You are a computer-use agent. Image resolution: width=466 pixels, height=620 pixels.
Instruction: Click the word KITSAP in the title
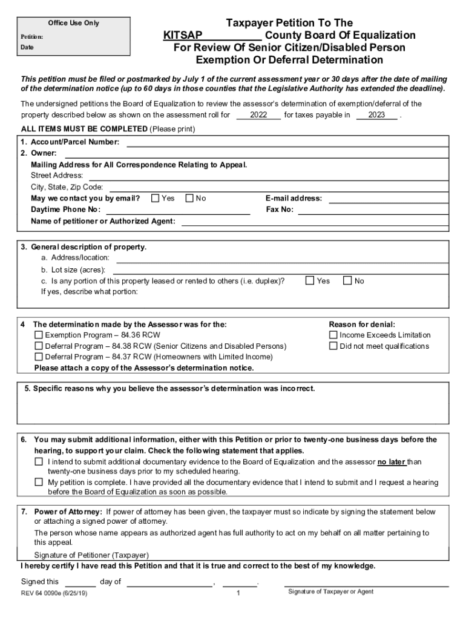coord(182,35)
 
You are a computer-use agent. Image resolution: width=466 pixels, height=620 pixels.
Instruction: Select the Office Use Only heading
coord(73,23)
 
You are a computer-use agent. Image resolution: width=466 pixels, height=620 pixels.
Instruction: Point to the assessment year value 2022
coord(258,114)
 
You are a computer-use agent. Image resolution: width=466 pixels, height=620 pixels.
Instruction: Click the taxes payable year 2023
coord(376,114)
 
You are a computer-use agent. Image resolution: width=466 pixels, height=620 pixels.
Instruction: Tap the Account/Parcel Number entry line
coord(287,143)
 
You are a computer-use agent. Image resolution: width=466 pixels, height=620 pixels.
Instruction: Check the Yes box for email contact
coord(156,198)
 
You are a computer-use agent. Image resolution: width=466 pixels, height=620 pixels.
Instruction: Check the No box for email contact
coord(189,198)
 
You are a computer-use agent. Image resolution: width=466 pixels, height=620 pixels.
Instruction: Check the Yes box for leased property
coord(310,280)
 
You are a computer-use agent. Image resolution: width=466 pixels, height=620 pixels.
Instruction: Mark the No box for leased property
coord(347,280)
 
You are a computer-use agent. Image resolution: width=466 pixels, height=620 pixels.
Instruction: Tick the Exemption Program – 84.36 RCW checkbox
coord(39,335)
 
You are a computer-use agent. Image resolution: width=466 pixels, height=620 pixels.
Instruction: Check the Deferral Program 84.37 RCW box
coord(39,357)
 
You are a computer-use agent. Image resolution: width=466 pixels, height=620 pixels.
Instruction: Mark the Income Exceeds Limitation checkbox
coord(333,335)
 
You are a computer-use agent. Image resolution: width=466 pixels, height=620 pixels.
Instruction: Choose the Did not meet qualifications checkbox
coord(333,346)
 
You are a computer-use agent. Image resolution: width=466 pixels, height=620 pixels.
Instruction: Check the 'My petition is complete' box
coord(39,482)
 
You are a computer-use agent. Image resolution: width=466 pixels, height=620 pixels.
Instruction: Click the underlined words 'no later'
coord(391,462)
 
